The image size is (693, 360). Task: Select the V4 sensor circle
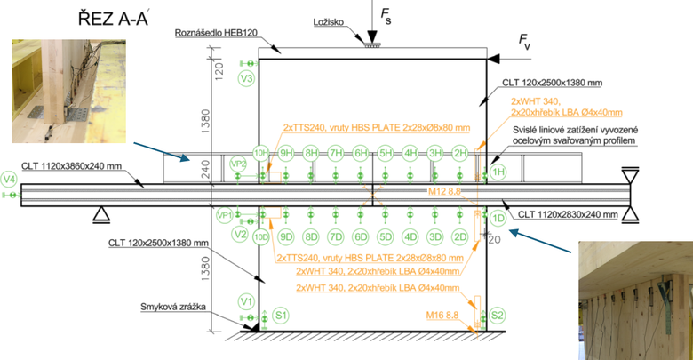point(9,179)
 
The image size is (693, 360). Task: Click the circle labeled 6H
point(362,153)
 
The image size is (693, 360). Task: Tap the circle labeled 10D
point(260,236)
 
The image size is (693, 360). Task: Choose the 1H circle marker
point(498,171)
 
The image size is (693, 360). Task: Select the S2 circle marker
point(498,315)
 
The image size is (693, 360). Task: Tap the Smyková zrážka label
point(175,308)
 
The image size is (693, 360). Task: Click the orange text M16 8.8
point(447,314)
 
